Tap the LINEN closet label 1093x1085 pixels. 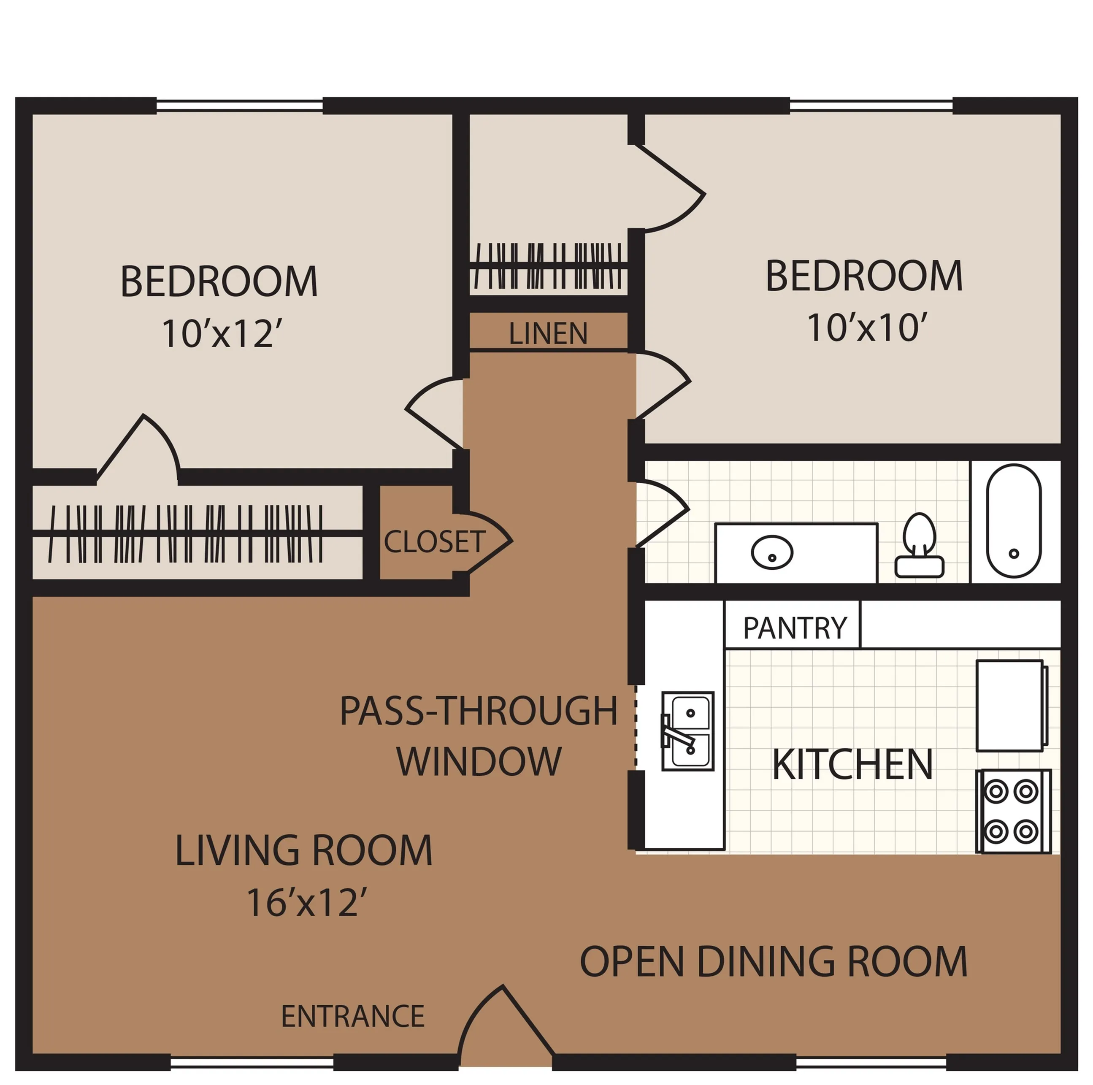pos(548,333)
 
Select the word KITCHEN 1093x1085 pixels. pos(852,764)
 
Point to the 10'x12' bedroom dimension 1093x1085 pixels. pos(222,333)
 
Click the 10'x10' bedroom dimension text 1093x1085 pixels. pos(867,327)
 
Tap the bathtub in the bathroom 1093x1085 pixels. pos(1014,520)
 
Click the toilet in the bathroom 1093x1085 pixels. pos(919,545)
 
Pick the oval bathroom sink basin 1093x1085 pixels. pos(772,552)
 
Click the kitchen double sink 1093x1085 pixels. pos(687,731)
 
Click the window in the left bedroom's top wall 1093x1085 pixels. pos(239,105)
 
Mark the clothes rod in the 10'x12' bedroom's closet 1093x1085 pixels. pos(197,533)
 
